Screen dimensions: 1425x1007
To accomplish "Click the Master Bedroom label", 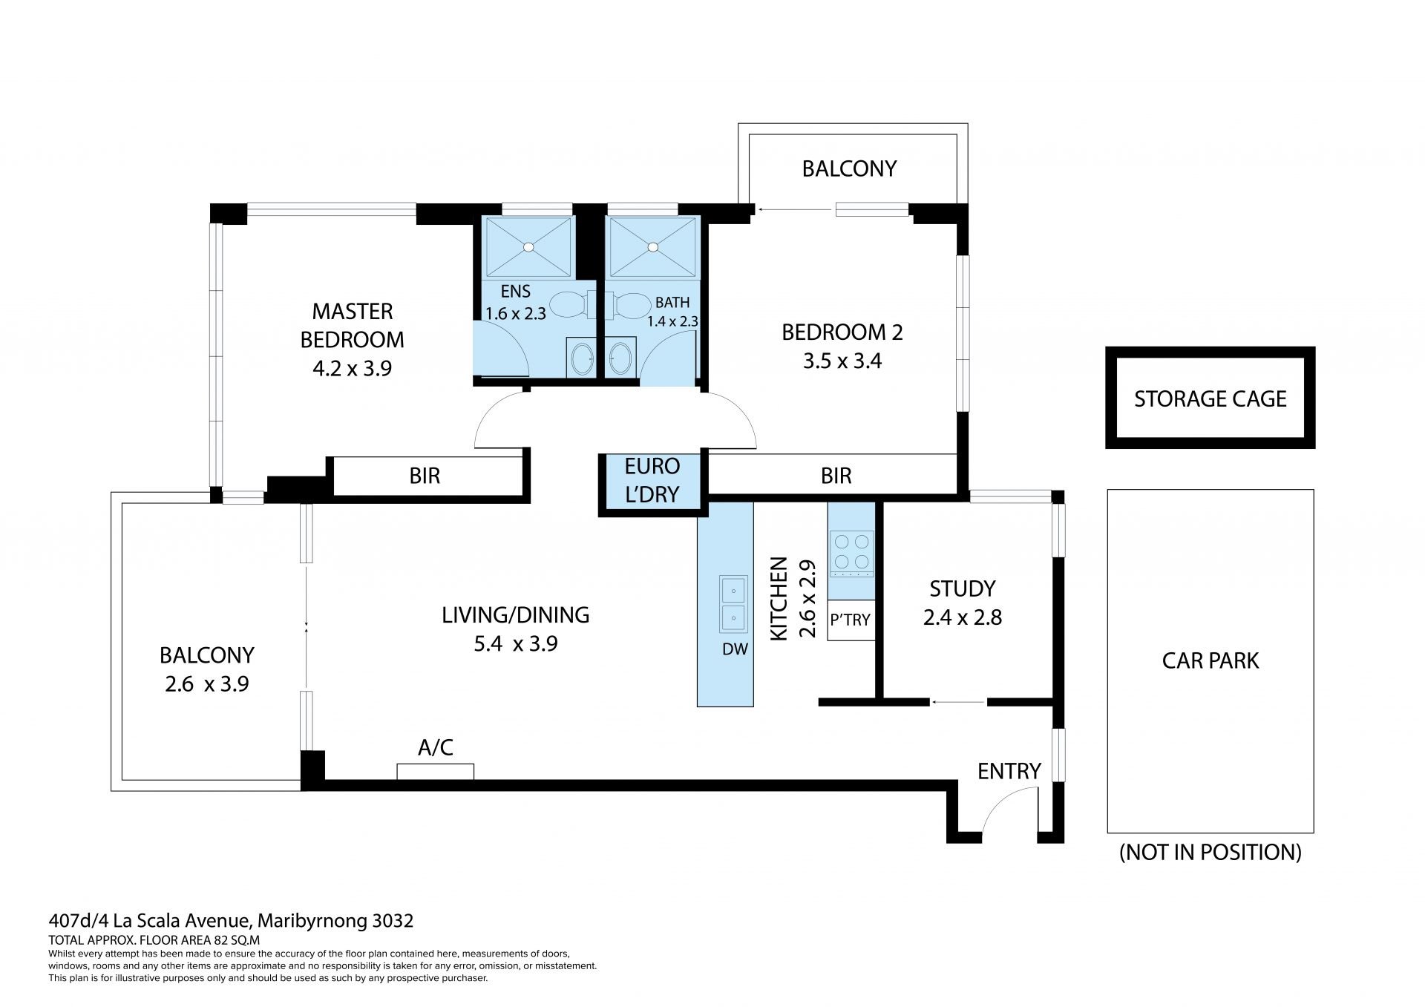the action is [352, 325].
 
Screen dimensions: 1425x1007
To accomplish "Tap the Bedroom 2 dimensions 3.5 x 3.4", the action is [842, 361].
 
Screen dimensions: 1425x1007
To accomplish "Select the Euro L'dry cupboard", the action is [652, 480].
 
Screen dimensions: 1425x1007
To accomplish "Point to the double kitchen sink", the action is [733, 603].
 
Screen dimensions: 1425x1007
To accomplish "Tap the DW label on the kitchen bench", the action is [735, 649].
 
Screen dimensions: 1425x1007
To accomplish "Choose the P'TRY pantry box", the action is [851, 619].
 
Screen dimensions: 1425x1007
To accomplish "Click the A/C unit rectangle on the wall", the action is [435, 772].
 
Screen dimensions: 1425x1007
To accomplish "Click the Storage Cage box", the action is [1210, 398].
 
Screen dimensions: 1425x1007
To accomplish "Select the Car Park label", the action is [1211, 660].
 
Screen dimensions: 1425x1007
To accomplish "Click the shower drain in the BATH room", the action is [653, 246].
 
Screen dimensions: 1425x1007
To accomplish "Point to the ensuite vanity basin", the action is [580, 360].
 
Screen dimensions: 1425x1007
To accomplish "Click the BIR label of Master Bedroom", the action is [425, 476].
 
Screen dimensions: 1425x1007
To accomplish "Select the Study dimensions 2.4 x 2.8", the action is [963, 617].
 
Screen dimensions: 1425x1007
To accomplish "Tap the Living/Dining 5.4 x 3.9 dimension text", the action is [516, 643].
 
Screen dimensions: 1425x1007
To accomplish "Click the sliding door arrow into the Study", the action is [958, 701].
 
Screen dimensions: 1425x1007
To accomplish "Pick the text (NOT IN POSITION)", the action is [1211, 852].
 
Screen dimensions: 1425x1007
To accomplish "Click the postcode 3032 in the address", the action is [393, 921].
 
